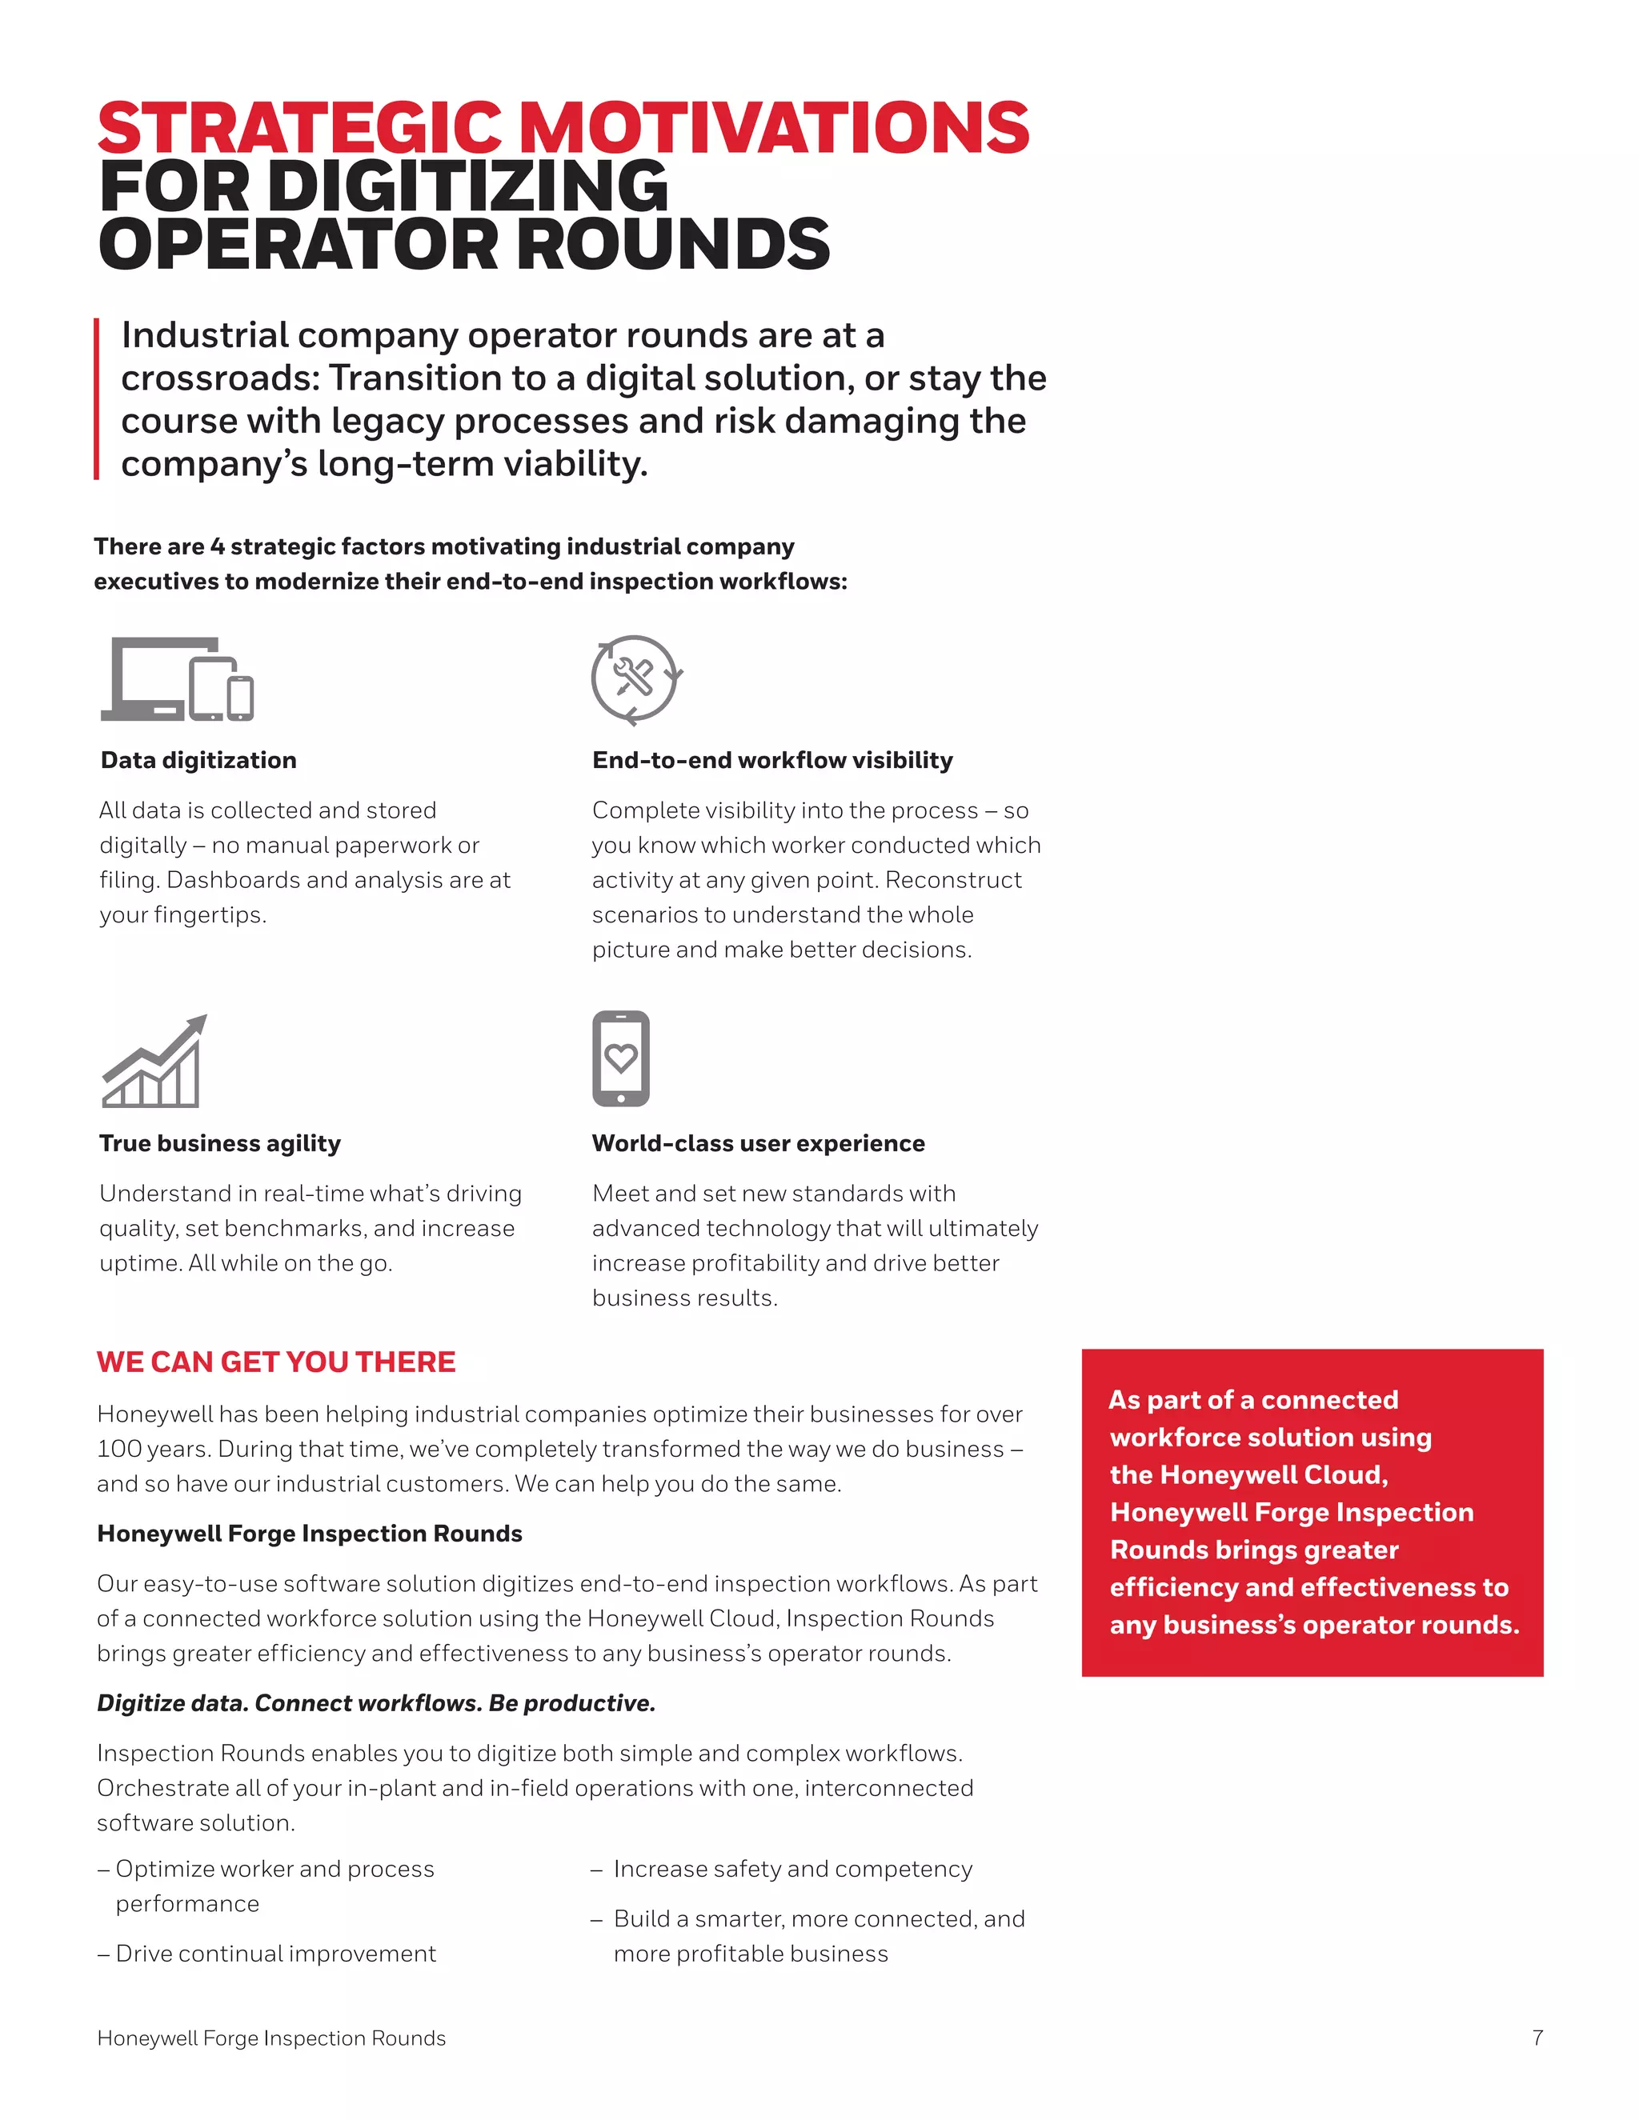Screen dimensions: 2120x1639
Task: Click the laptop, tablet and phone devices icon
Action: click(177, 679)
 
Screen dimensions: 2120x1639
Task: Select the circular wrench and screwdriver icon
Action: click(636, 678)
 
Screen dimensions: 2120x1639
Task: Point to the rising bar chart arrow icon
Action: click(154, 1061)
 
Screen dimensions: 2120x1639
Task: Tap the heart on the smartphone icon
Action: click(621, 1057)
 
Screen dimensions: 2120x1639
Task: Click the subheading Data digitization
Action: click(198, 760)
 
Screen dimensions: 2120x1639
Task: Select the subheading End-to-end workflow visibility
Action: click(772, 760)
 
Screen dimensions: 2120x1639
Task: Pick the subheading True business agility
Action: click(219, 1143)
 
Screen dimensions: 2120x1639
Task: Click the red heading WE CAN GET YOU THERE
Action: click(276, 1362)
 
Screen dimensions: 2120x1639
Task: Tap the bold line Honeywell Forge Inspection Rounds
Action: click(309, 1534)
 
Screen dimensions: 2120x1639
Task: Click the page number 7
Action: click(1537, 2038)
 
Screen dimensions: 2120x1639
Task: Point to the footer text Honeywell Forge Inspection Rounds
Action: click(271, 2038)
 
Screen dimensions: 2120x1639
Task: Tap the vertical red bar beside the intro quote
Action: click(97, 399)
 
